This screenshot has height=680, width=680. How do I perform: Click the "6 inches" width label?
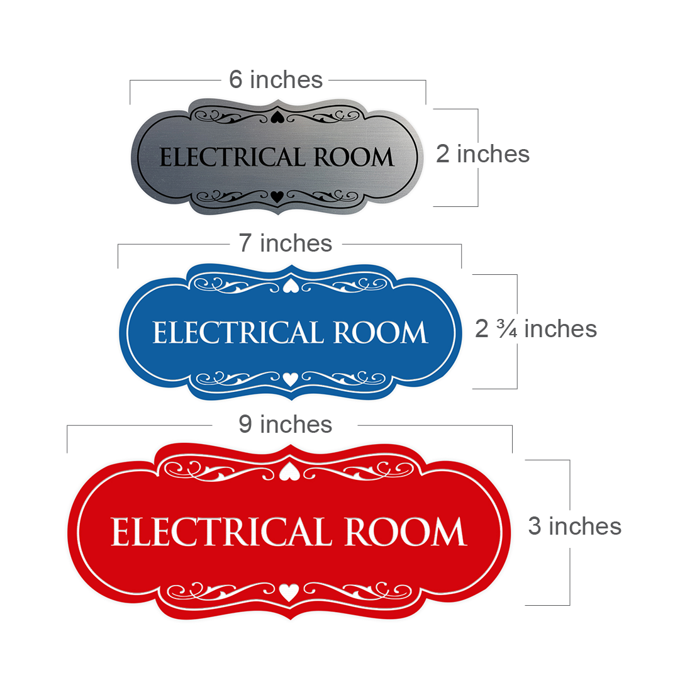pyautogui.click(x=276, y=79)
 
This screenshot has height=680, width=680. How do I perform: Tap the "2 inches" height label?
pyautogui.click(x=482, y=154)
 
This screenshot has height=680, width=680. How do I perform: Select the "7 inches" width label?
pyautogui.click(x=286, y=243)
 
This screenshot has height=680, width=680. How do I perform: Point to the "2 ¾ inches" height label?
pyautogui.click(x=536, y=329)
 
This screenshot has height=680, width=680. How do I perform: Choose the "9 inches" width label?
pyautogui.click(x=286, y=424)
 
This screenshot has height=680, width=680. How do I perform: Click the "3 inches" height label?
pyautogui.click(x=574, y=526)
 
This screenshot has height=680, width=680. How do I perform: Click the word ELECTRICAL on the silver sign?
pyautogui.click(x=233, y=157)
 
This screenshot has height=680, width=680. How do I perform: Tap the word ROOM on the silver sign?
pyautogui.click(x=354, y=157)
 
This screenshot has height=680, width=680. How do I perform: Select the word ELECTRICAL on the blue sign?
pyautogui.click(x=238, y=333)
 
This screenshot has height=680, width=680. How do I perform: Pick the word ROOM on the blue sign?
pyautogui.click(x=381, y=333)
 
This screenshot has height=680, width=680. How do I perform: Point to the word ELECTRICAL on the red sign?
pyautogui.click(x=221, y=532)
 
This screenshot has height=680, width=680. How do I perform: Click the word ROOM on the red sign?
pyautogui.click(x=406, y=532)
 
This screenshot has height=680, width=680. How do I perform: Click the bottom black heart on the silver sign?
pyautogui.click(x=277, y=197)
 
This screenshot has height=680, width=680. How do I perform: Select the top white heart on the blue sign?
pyautogui.click(x=291, y=286)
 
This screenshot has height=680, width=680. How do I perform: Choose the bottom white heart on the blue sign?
pyautogui.click(x=291, y=379)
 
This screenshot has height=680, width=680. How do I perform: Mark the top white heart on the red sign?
pyautogui.click(x=289, y=471)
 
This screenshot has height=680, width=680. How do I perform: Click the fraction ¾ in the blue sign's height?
pyautogui.click(x=507, y=329)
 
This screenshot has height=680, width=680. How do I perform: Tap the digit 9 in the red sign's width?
pyautogui.click(x=245, y=424)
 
